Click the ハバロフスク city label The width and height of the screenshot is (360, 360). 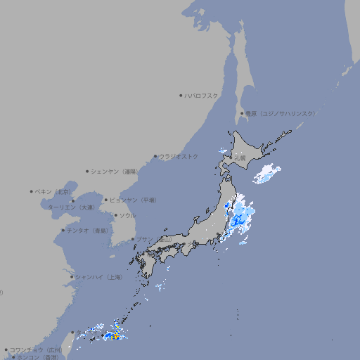pos(202,95)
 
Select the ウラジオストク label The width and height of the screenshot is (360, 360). pos(179,156)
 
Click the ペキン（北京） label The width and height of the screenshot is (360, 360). pos(53,191)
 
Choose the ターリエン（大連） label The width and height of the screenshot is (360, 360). pos(71,207)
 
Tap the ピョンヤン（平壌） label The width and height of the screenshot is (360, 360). pos(134,200)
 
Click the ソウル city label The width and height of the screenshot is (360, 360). pos(127,215)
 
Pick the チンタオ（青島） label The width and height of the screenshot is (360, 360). pos(87,230)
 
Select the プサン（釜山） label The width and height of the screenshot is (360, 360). pos(153,239)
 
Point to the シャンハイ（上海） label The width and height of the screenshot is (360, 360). pos(98,277)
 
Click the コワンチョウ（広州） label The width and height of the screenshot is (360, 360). pos(36,349)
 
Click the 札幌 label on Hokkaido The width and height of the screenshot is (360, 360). pos(240,159)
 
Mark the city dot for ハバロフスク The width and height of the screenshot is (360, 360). pos(181,95)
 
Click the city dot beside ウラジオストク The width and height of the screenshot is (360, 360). pos(155,156)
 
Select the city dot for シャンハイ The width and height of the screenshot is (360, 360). pos(72,277)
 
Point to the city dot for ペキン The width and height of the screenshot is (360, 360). pos(32,191)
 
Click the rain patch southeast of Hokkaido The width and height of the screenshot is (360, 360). pos(266,173)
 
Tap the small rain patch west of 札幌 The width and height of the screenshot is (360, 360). pos(222,150)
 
